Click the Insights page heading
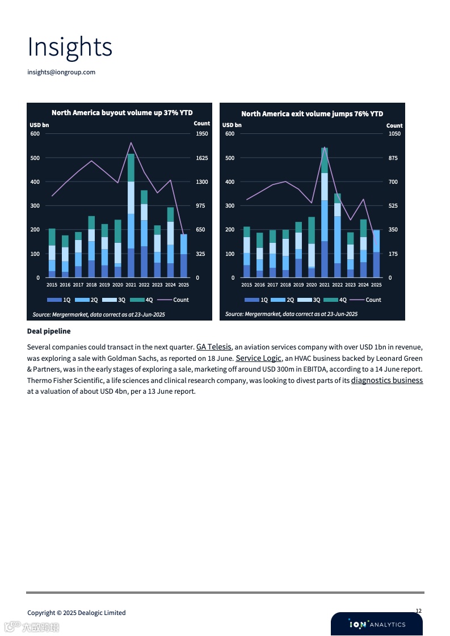tap(70, 47)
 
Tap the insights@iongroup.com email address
tap(61, 72)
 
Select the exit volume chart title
tap(312, 113)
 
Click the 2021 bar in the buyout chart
tap(131, 216)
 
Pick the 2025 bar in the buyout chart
tap(183, 256)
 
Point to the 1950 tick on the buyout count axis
tap(201, 134)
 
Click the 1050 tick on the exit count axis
tap(394, 134)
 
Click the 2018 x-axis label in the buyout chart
tap(91, 285)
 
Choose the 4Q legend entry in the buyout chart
tap(141, 300)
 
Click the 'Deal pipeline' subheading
tap(49, 331)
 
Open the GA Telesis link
tap(214, 347)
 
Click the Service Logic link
tap(258, 358)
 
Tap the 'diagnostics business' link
tap(387, 380)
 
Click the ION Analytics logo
tap(377, 624)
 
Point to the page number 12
tap(418, 611)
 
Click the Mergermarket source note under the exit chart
tap(291, 314)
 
